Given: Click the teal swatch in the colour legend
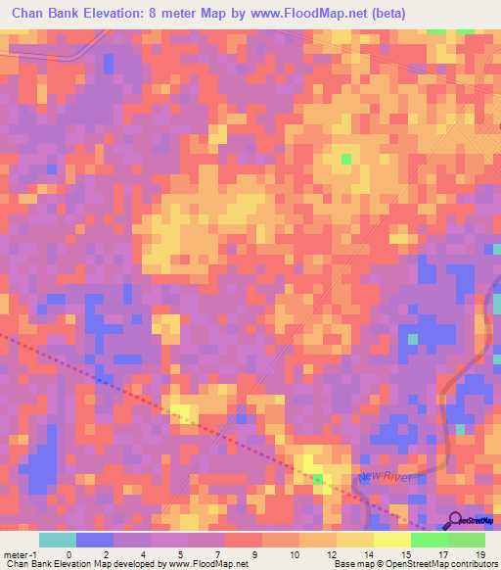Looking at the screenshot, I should tap(57, 540).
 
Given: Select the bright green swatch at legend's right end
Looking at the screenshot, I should tap(467, 540).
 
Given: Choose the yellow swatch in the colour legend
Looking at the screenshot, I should tap(392, 540).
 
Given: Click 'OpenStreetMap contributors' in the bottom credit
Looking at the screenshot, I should tap(444, 564).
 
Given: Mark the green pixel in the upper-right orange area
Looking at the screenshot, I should tap(345, 158).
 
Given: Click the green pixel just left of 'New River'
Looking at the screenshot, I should tap(318, 479).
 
